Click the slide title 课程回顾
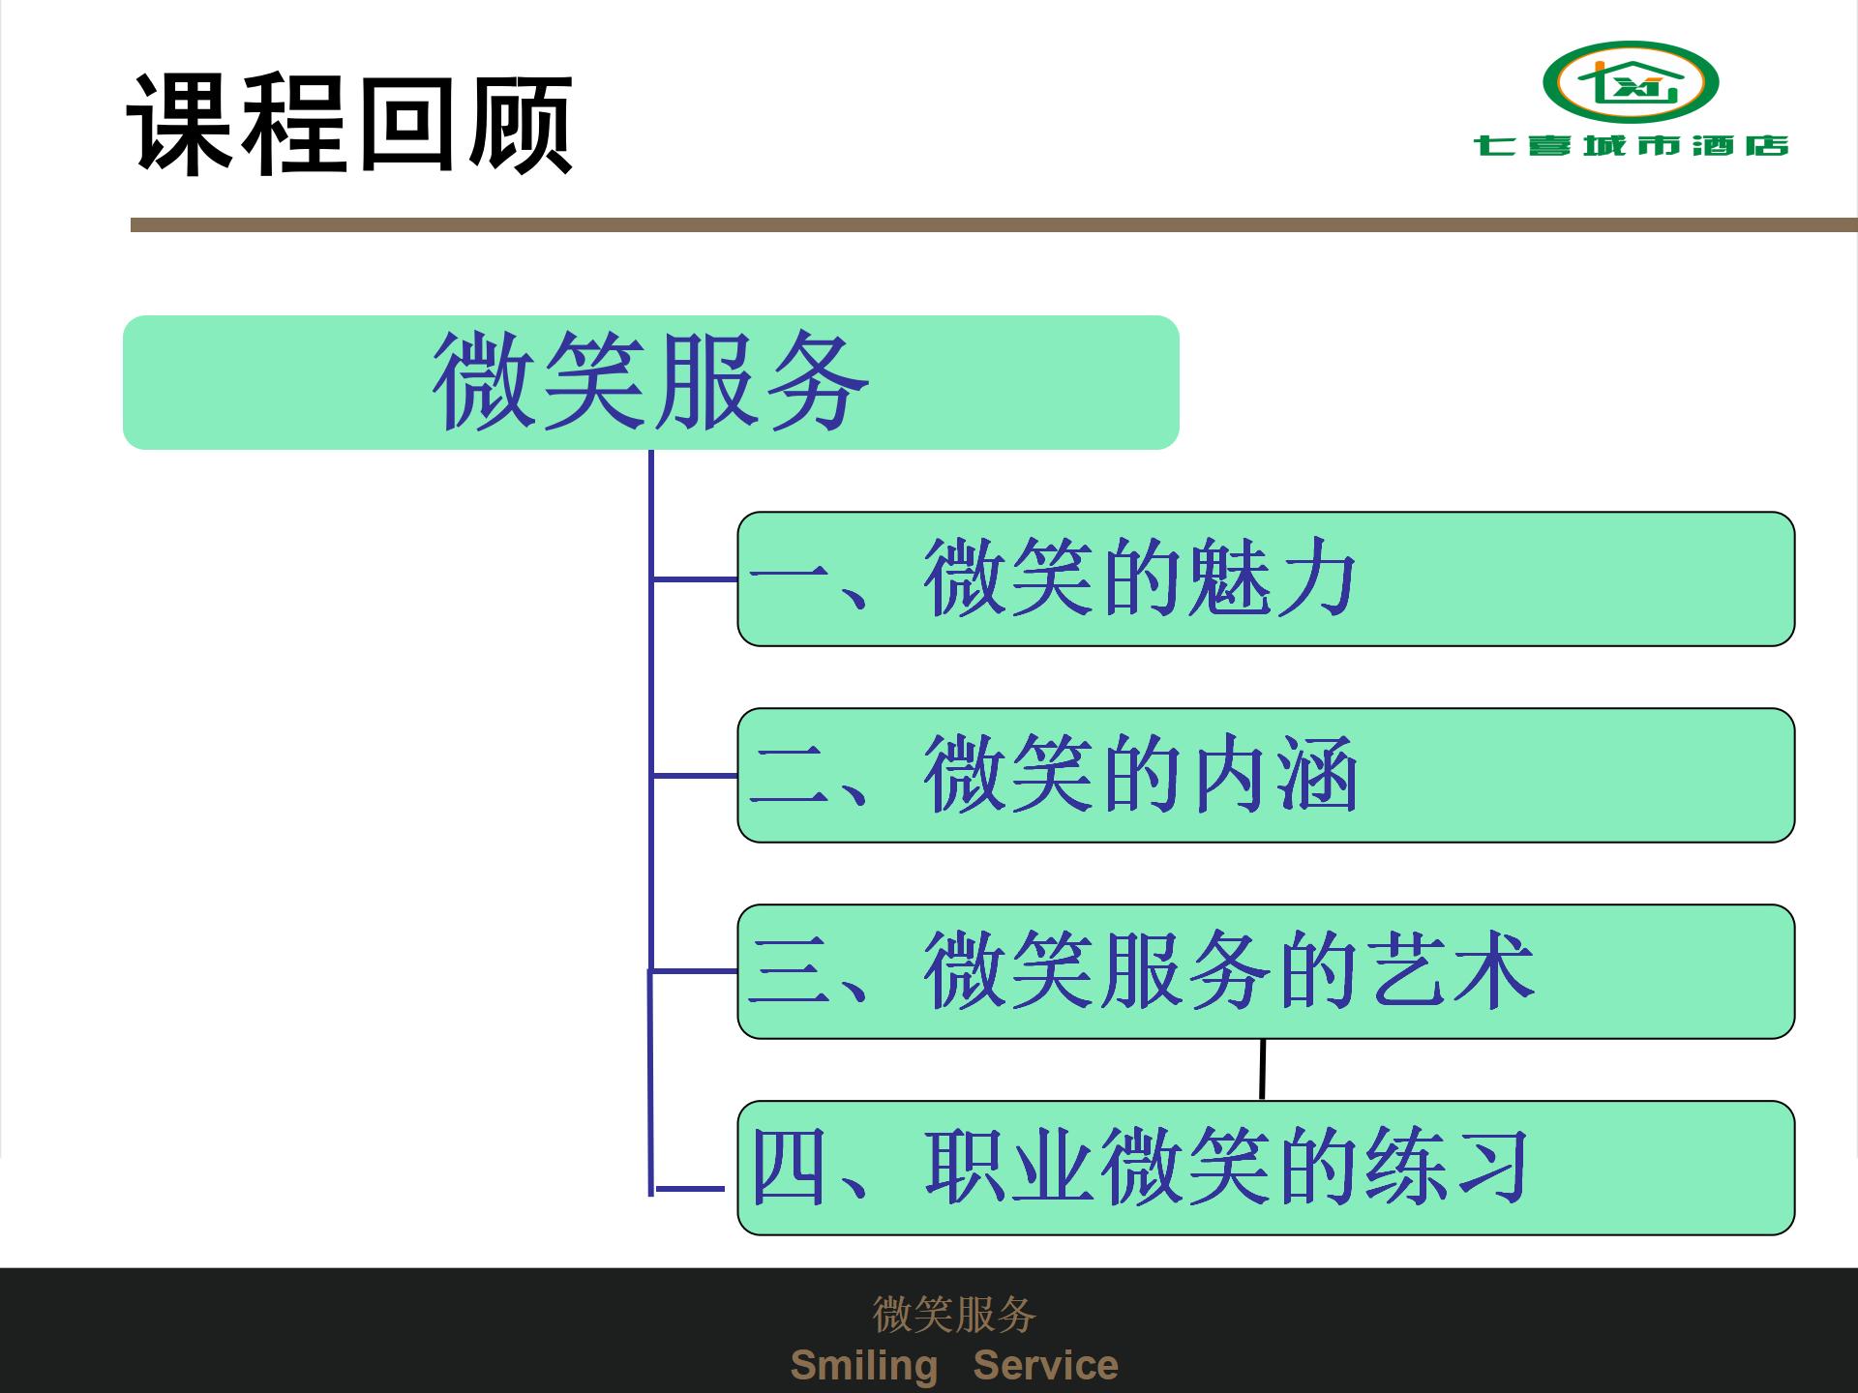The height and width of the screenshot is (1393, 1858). (x=350, y=124)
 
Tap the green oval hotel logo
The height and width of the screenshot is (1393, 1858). (x=1631, y=81)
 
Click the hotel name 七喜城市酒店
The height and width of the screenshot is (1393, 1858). (x=1631, y=145)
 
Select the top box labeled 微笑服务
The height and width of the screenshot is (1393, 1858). (x=650, y=382)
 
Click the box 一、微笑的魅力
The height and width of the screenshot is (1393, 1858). (x=1266, y=578)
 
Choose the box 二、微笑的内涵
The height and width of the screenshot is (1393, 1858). (x=1266, y=775)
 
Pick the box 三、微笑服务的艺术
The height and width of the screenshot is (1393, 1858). (x=1266, y=971)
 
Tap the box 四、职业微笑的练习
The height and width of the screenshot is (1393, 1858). (x=1266, y=1168)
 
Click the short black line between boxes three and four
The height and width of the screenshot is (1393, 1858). (x=1263, y=1070)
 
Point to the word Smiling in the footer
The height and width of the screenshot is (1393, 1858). (x=864, y=1366)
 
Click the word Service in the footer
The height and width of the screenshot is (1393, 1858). (x=1045, y=1365)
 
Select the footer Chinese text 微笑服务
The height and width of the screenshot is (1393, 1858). (x=954, y=1314)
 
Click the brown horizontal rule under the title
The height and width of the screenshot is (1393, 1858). (x=994, y=224)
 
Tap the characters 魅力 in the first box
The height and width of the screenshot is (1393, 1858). (x=1272, y=578)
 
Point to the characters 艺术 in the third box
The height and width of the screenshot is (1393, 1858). (x=1452, y=970)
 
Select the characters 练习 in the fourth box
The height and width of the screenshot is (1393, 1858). (x=1448, y=1167)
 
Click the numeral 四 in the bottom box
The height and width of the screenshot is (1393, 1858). (x=789, y=1168)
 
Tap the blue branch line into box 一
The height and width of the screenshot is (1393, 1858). (x=695, y=579)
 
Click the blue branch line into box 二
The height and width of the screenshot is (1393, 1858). (x=695, y=776)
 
